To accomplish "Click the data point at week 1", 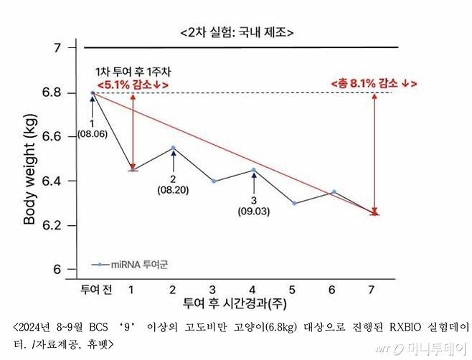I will click(x=133, y=170).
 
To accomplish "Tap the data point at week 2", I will click(x=173, y=148).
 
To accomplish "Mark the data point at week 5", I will click(x=294, y=203).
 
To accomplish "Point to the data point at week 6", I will click(x=334, y=191).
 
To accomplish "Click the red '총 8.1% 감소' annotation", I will click(x=374, y=82).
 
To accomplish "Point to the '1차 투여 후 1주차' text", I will click(x=133, y=72).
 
